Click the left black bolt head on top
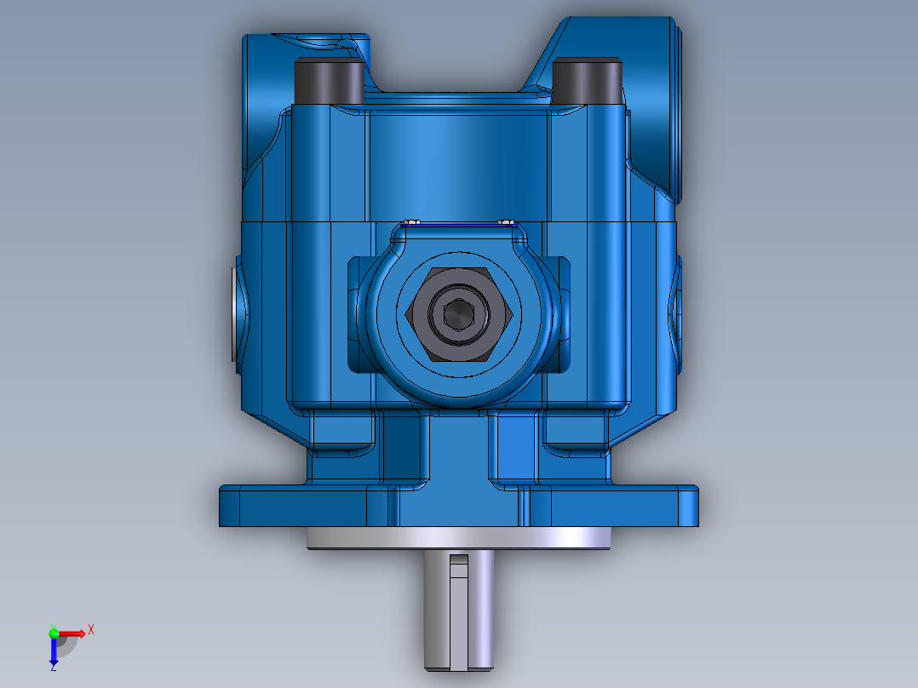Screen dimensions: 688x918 [x=329, y=82]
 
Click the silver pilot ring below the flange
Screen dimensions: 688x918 [x=459, y=538]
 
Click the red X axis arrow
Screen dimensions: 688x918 [x=77, y=633]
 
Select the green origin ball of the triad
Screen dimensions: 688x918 [x=54, y=633]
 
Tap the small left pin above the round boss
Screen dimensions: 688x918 [x=412, y=223]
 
